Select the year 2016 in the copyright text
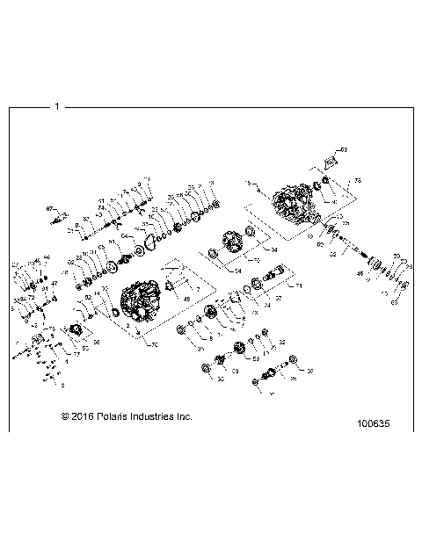tap(77, 416)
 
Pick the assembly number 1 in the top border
tap(56, 107)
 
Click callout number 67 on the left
tap(49, 208)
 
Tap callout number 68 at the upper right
tap(345, 150)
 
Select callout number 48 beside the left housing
tap(186, 300)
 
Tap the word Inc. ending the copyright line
tap(183, 416)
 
